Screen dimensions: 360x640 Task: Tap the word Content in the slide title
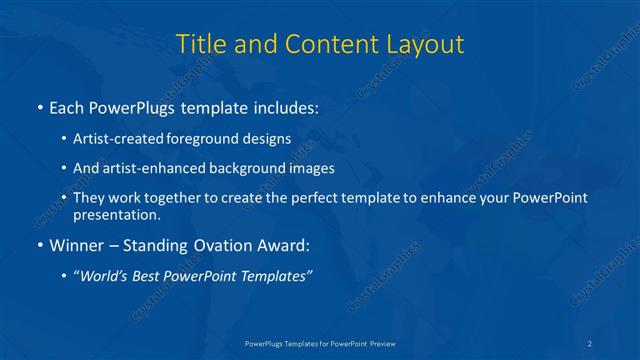321,44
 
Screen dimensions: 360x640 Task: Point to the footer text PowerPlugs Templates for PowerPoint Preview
320,343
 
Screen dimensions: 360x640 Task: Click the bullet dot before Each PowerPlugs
39,107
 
